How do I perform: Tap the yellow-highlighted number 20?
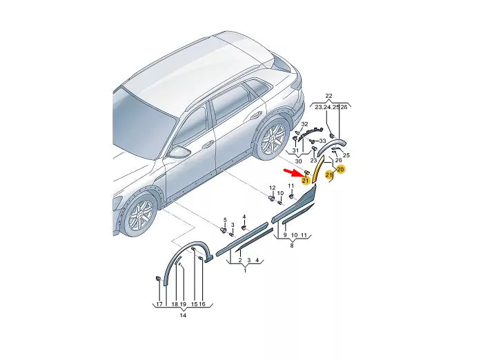[340, 169]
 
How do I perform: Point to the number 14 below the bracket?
[181, 315]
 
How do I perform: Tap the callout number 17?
[159, 304]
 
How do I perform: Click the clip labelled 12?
[271, 198]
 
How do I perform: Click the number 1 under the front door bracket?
[244, 271]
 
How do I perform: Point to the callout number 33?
[322, 141]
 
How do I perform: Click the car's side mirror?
[181, 150]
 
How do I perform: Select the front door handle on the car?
[207, 146]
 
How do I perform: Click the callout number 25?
[346, 155]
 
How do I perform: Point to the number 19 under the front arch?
[183, 304]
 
